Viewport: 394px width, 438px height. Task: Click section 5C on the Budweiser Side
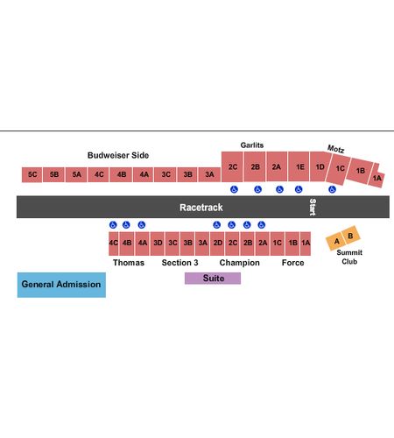coord(32,174)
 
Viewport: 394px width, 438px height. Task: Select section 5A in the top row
coord(76,174)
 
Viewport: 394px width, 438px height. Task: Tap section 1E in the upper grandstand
coord(299,166)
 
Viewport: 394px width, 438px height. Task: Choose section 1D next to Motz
coord(320,166)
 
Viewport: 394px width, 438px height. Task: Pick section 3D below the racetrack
coord(158,244)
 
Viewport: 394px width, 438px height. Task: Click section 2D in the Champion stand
coord(217,244)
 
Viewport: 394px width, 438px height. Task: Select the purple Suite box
coord(213,279)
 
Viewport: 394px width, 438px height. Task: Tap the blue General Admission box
coord(61,285)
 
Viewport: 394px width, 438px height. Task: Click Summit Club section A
coord(336,242)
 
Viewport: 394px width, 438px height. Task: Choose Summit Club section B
coord(350,236)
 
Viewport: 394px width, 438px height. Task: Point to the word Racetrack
coord(201,208)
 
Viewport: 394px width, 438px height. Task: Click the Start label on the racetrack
coord(313,207)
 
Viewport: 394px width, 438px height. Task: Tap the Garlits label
coord(252,145)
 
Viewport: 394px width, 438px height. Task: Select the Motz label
coord(335,149)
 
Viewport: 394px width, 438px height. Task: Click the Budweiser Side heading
coord(118,155)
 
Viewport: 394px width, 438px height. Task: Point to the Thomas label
coord(129,263)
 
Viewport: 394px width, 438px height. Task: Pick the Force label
coord(292,263)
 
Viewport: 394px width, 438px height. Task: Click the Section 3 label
coord(179,263)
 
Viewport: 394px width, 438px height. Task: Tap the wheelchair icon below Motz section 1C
coord(332,189)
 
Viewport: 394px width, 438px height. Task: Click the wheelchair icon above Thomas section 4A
coord(142,225)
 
